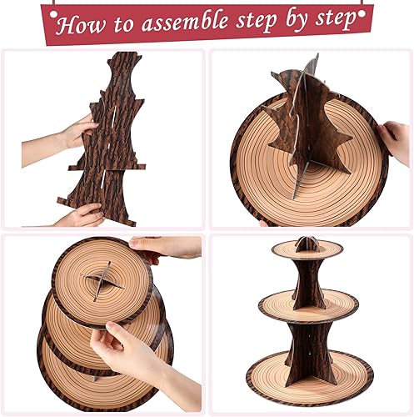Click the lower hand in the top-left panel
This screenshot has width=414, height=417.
tap(81, 216)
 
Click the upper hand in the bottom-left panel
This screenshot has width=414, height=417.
tap(167, 249)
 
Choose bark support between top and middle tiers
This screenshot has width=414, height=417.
tap(308, 279)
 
